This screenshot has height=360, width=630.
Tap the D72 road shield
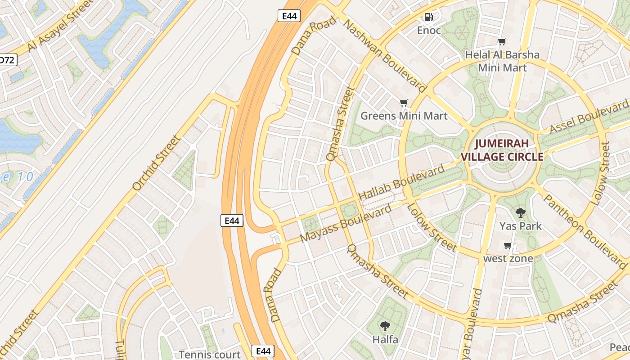tap(8, 59)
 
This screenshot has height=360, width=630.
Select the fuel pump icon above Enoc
tap(429, 17)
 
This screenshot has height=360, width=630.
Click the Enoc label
tap(429, 31)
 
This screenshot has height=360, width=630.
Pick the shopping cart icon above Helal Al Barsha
tap(502, 42)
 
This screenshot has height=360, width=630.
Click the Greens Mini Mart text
tap(404, 116)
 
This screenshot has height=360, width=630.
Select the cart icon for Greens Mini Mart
tap(404, 103)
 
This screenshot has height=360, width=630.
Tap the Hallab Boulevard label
tap(401, 183)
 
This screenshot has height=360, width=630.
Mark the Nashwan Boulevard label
tap(385, 54)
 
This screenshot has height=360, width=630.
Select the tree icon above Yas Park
tap(521, 212)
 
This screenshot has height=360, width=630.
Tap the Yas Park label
tap(521, 226)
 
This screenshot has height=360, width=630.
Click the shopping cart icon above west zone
tap(508, 245)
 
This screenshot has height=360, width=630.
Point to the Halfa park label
tap(385, 339)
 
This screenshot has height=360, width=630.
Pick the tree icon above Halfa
tap(385, 326)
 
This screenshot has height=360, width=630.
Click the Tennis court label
tap(210, 354)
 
